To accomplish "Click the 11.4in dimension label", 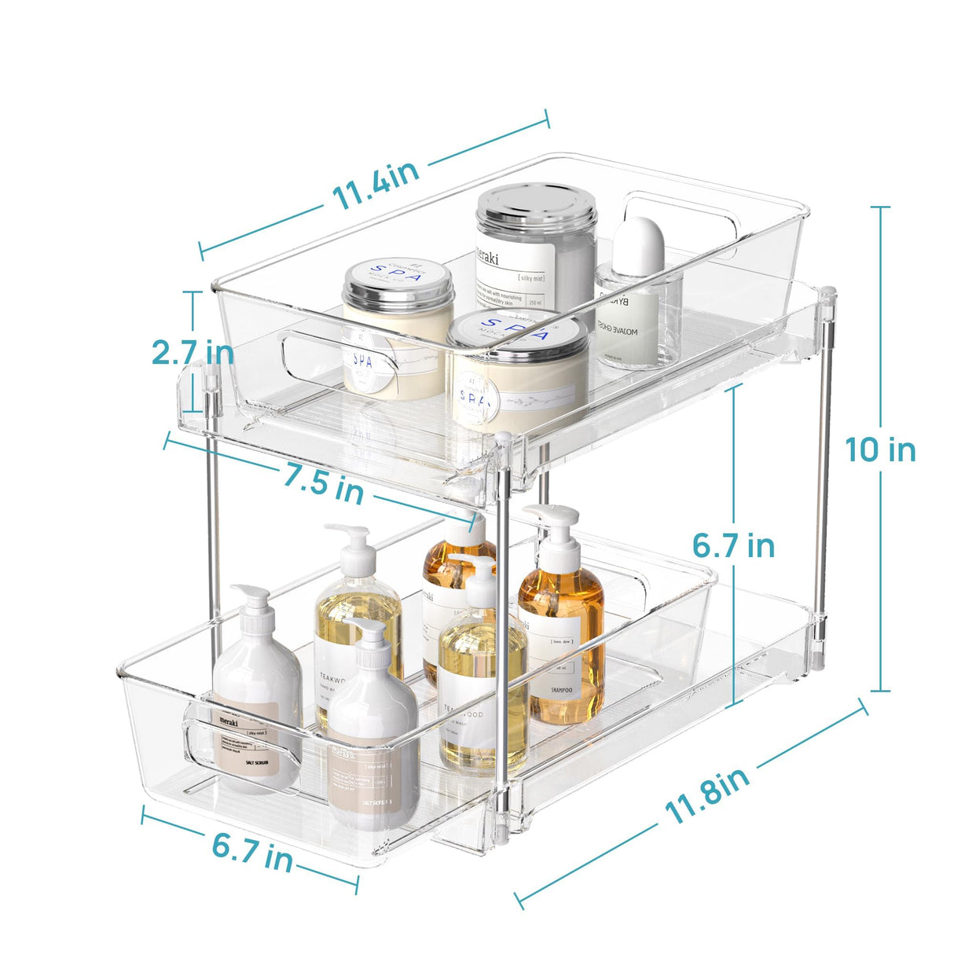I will (x=376, y=187).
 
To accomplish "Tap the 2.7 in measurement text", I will (x=193, y=352).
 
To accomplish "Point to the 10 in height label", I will (x=880, y=450).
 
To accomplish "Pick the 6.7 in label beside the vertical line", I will (x=733, y=545).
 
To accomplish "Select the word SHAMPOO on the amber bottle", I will (x=561, y=690).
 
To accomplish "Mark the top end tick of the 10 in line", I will (x=880, y=207).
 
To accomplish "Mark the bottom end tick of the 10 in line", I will (x=880, y=691).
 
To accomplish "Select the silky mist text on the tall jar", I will (x=531, y=278).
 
